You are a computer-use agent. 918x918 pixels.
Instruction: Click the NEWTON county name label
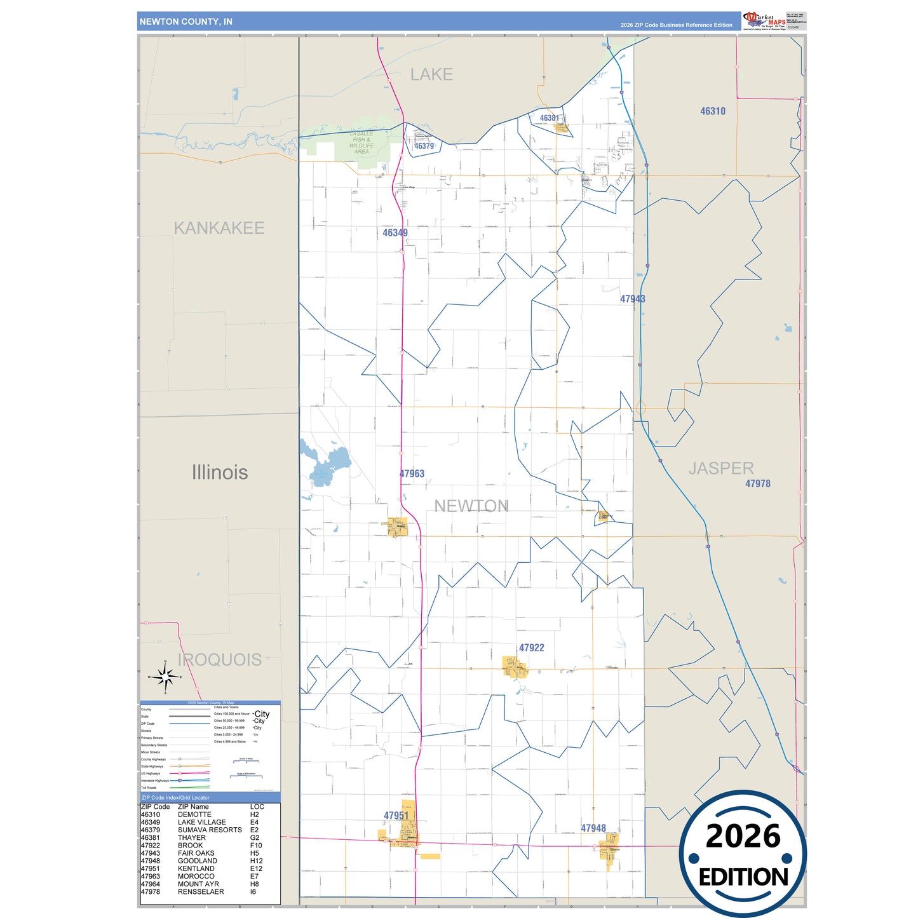(471, 506)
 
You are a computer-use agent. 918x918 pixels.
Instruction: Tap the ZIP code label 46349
(395, 233)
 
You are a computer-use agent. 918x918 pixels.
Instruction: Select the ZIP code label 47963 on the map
(412, 474)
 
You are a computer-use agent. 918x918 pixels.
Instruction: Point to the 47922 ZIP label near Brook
(531, 648)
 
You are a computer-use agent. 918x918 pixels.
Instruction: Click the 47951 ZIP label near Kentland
(396, 816)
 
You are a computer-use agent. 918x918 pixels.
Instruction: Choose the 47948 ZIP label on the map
(593, 828)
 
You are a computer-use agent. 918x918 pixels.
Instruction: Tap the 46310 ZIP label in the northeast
(713, 111)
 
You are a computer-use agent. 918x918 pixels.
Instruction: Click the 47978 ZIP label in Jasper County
(758, 484)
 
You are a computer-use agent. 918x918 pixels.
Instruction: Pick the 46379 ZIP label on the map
(424, 146)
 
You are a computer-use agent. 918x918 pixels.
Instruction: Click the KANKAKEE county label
(219, 228)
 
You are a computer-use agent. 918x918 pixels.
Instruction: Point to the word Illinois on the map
(220, 473)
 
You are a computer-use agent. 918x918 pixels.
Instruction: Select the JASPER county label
(721, 469)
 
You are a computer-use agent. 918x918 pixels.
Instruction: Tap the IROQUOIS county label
(220, 660)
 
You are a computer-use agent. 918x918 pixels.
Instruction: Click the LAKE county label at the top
(431, 75)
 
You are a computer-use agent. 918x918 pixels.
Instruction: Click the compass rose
(165, 677)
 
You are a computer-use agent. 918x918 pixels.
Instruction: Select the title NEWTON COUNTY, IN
(186, 22)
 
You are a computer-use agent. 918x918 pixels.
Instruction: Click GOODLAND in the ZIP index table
(198, 861)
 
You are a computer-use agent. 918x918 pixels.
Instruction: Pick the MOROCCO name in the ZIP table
(196, 876)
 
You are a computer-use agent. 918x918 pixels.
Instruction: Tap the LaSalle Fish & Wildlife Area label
(361, 143)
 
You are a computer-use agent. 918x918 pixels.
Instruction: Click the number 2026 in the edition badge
(743, 836)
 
